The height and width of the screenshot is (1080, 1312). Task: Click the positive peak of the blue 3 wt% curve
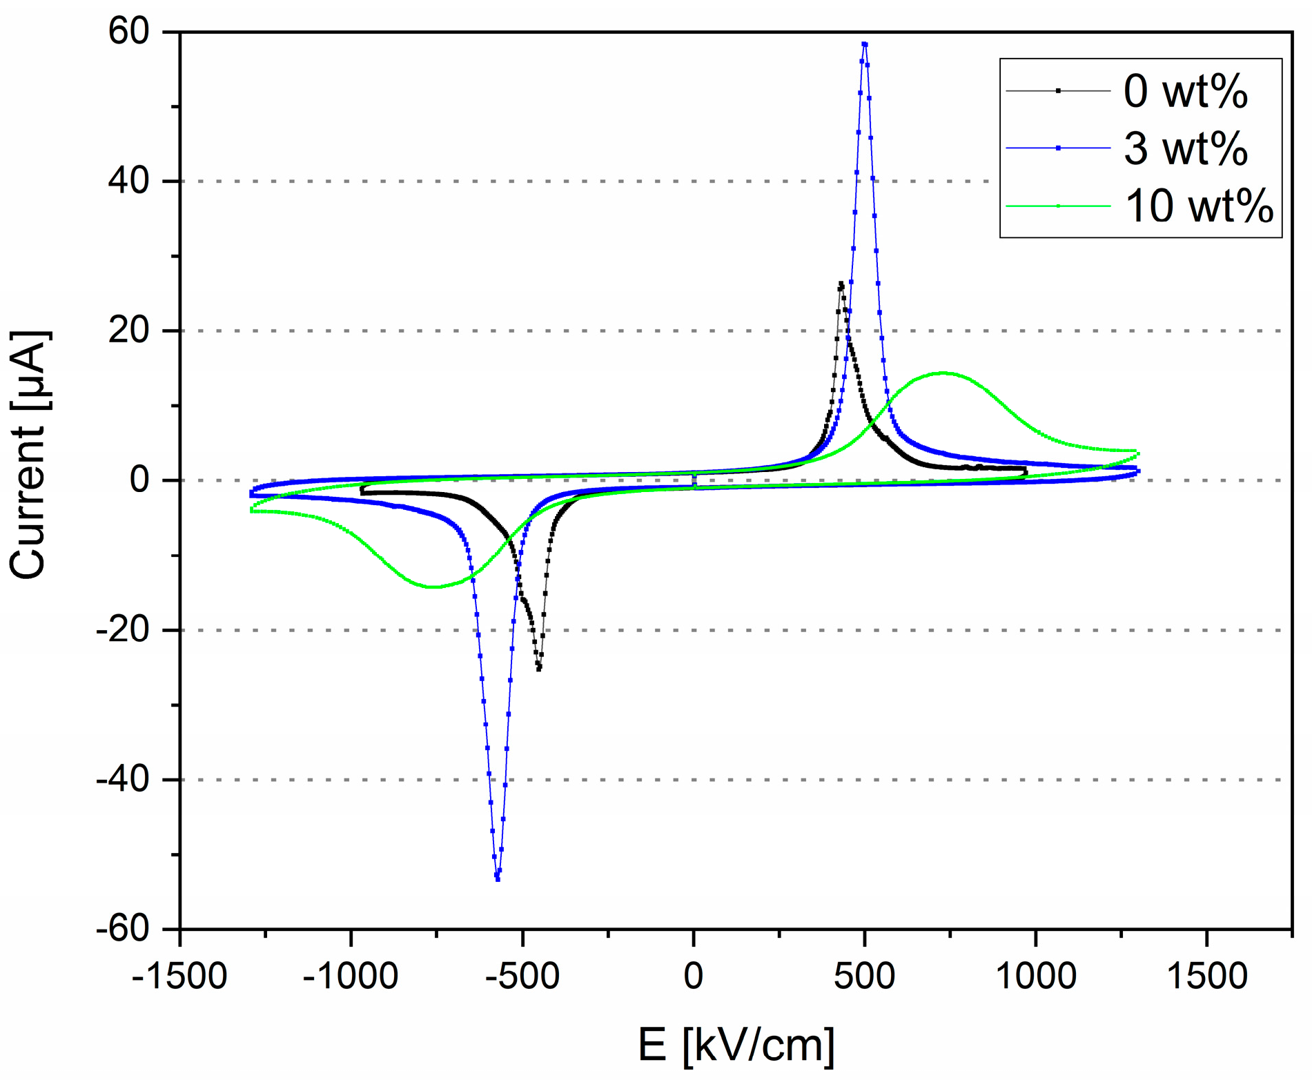864,44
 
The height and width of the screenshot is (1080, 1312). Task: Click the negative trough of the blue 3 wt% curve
498,878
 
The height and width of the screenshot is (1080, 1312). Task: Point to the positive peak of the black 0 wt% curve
841,284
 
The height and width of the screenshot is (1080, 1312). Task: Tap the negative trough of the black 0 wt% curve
538,668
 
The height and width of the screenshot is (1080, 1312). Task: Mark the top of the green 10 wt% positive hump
943,373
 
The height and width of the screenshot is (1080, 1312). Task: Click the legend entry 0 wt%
1185,91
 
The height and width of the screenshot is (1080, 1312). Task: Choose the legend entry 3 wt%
1185,148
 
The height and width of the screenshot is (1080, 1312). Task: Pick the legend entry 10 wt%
1198,206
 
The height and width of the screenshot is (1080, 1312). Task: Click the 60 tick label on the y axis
129,32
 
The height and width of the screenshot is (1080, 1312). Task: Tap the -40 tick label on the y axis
122,780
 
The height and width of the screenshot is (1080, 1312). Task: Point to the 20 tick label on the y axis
129,331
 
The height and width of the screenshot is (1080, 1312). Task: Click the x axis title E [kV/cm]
736,1044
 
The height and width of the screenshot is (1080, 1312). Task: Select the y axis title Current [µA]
29,455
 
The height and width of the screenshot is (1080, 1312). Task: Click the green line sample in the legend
1058,206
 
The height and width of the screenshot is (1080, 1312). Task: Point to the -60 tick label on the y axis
122,930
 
